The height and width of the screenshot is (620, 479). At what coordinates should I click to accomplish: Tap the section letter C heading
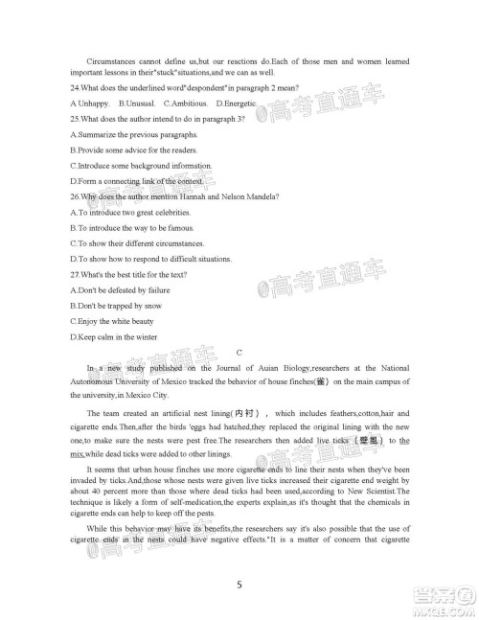click(239, 352)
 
